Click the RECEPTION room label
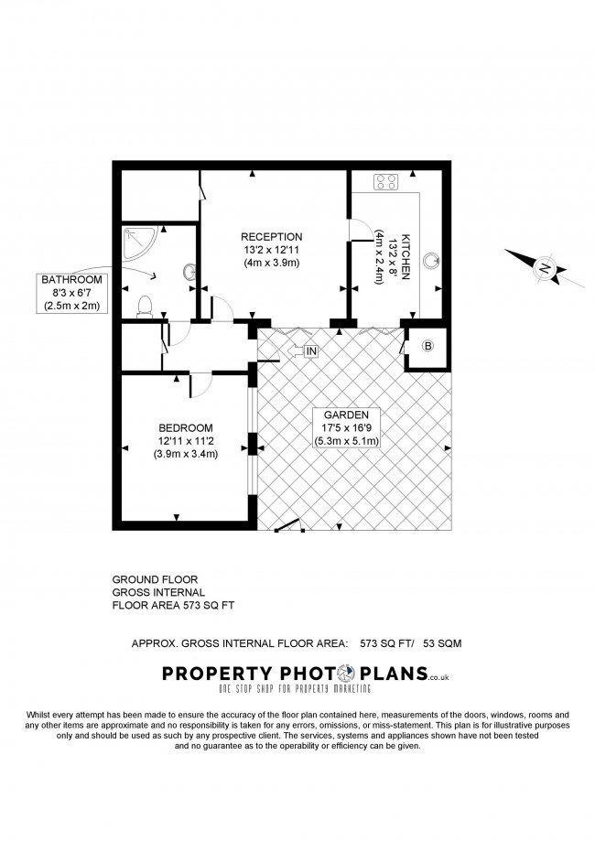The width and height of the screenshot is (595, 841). click(272, 236)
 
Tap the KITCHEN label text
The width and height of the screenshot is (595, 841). click(406, 256)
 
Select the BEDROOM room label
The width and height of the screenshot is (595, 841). click(186, 428)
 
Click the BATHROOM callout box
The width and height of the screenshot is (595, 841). click(71, 293)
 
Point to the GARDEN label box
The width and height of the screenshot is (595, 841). click(346, 427)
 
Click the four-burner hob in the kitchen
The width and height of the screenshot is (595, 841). click(385, 181)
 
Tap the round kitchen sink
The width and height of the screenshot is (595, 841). click(431, 261)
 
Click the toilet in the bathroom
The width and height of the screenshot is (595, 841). click(145, 307)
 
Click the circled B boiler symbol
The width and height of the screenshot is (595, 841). click(427, 346)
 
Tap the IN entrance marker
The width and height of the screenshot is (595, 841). click(311, 351)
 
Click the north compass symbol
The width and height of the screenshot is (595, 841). click(545, 267)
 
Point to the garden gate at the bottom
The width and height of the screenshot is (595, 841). click(288, 524)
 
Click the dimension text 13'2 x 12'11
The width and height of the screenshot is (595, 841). click(272, 250)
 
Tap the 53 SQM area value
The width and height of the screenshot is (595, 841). click(442, 643)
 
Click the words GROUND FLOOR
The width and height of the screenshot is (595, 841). click(155, 580)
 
